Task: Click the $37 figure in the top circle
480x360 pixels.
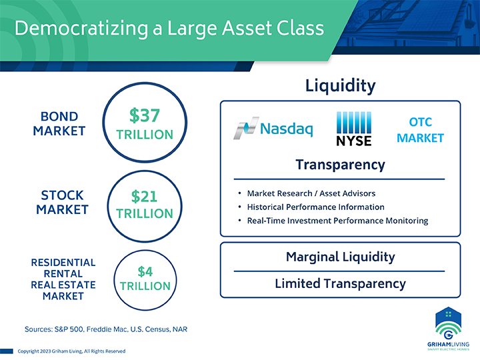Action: point(145,115)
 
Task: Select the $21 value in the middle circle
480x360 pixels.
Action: point(144,196)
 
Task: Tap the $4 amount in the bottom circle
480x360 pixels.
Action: point(145,271)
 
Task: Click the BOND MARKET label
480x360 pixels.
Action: point(59,124)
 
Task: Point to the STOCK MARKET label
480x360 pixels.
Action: point(62,203)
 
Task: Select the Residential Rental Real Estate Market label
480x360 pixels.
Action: point(63,279)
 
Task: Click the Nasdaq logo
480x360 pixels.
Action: point(273,128)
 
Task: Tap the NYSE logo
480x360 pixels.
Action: point(354,129)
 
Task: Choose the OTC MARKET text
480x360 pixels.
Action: point(420,130)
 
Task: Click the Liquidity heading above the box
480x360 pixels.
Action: point(341,86)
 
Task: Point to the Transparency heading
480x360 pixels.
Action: point(341,165)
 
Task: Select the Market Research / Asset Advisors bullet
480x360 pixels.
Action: point(311,193)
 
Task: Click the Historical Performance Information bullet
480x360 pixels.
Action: point(315,207)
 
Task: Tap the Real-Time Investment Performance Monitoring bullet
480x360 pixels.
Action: point(337,221)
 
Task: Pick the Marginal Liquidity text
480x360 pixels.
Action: point(341,257)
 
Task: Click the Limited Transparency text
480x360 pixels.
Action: point(341,283)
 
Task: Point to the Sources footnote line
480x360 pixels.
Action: point(106,329)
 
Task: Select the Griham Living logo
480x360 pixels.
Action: point(448,329)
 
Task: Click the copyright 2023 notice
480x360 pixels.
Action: point(71,351)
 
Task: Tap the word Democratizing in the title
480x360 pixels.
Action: point(81,29)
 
